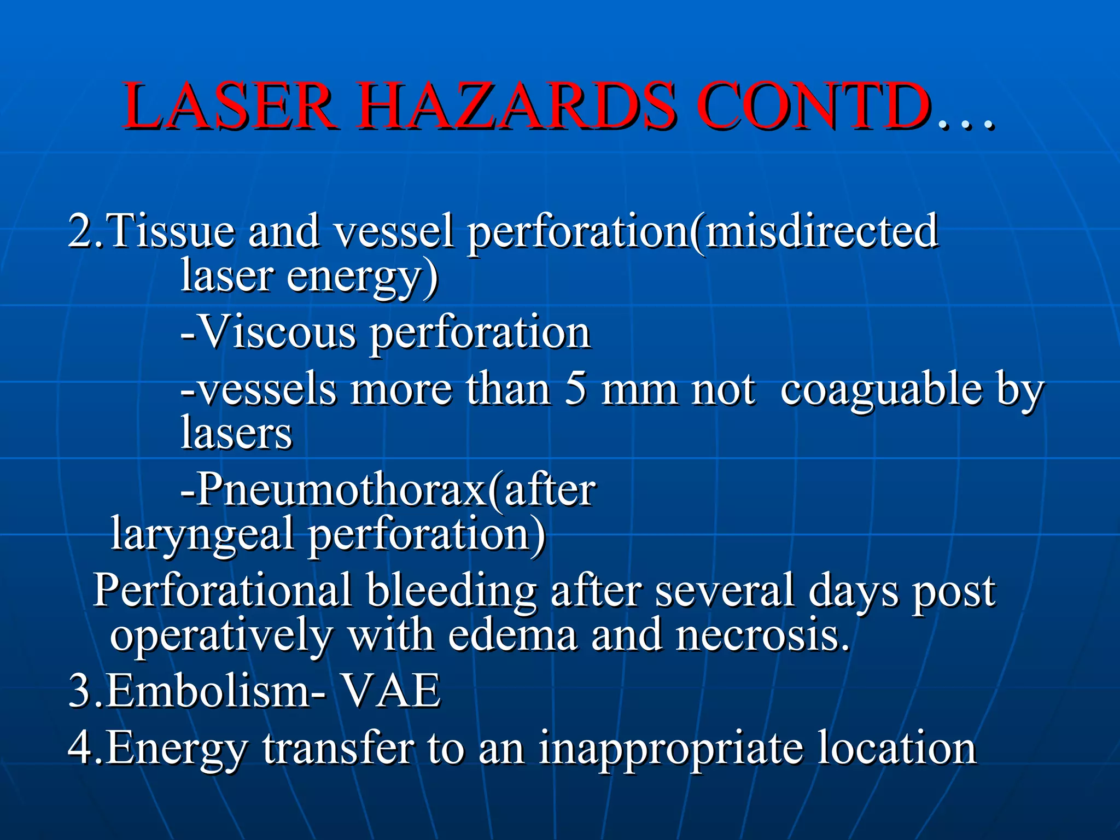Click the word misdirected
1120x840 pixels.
[820, 231]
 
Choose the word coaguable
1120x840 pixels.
[880, 389]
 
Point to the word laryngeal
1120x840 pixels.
[202, 535]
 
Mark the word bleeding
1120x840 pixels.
[451, 591]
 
